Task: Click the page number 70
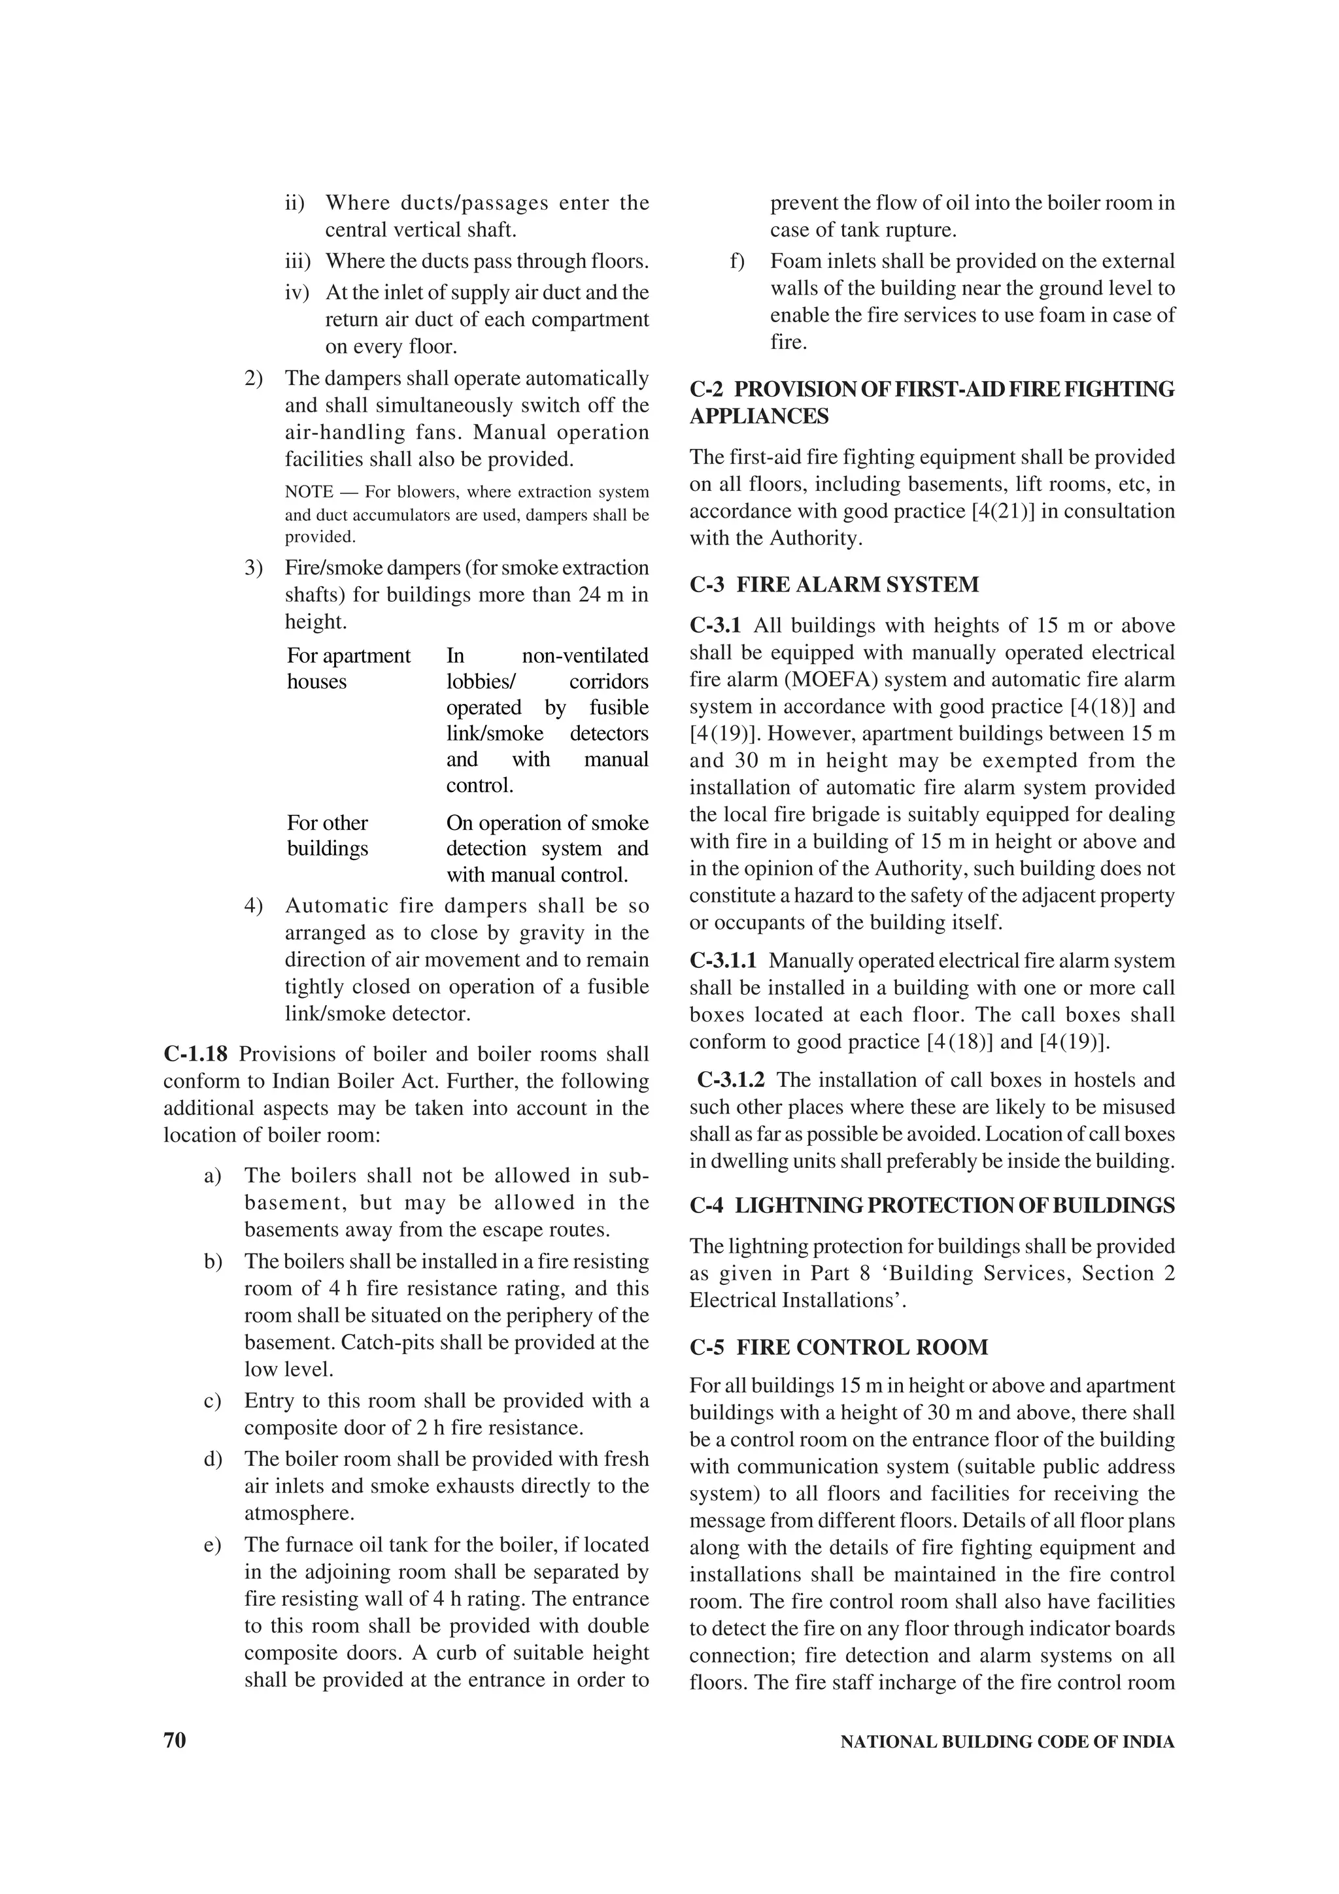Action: [175, 1741]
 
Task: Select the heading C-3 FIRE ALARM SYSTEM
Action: [834, 585]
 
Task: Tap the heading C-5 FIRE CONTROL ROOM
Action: [838, 1348]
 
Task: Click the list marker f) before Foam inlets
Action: [737, 261]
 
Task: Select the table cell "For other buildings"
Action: [328, 836]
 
